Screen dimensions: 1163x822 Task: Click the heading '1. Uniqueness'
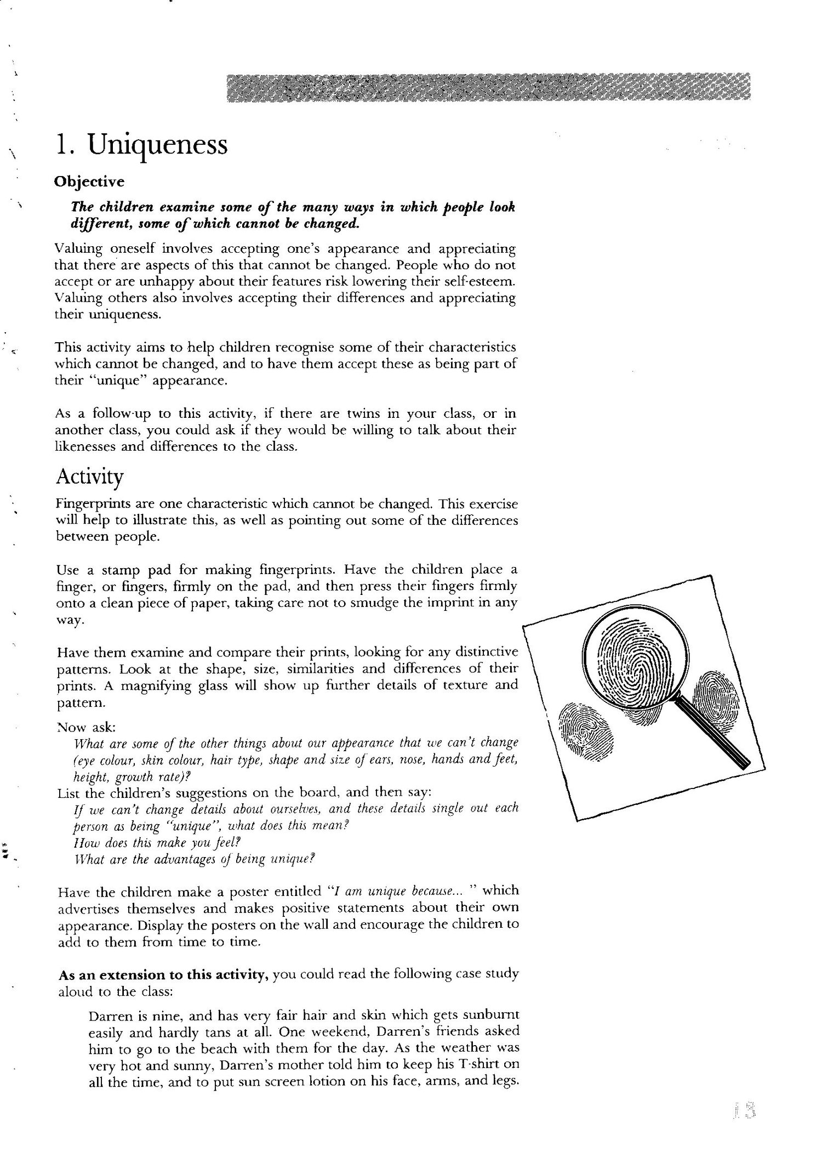(x=141, y=146)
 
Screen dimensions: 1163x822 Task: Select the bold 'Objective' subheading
(x=89, y=182)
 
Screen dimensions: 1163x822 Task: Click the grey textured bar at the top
(x=488, y=88)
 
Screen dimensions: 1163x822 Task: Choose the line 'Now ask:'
(x=85, y=727)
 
